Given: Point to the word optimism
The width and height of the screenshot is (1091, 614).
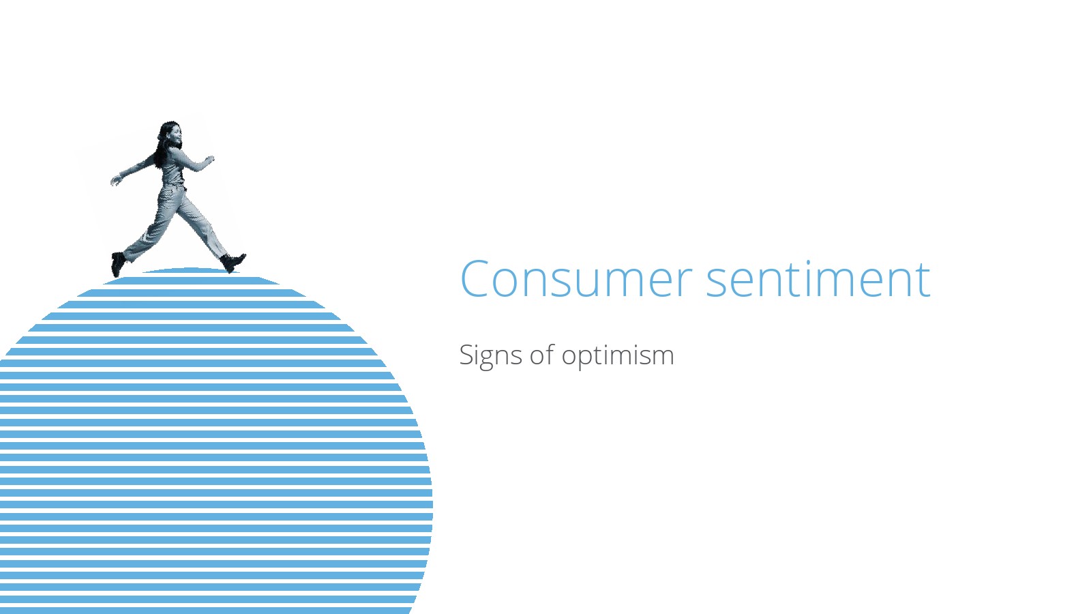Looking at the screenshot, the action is coord(618,355).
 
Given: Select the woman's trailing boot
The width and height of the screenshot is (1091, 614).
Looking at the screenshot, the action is coord(118,264).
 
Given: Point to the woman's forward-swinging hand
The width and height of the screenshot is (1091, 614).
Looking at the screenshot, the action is coord(209,159).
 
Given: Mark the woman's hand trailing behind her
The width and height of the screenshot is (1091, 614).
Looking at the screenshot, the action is coord(115,181).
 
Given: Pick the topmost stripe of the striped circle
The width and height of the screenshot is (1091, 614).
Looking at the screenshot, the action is coord(190,270).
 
